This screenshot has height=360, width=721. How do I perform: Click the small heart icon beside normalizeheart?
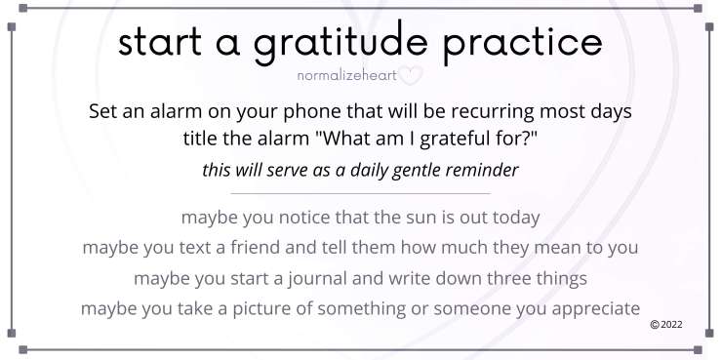coord(413,73)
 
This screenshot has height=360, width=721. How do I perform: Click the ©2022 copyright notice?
coord(665,324)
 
